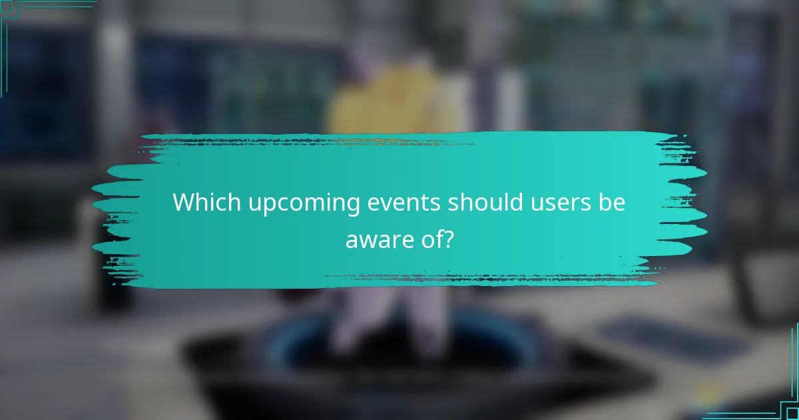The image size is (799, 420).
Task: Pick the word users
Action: [x=564, y=203]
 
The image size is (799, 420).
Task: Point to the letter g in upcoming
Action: [x=354, y=206]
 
